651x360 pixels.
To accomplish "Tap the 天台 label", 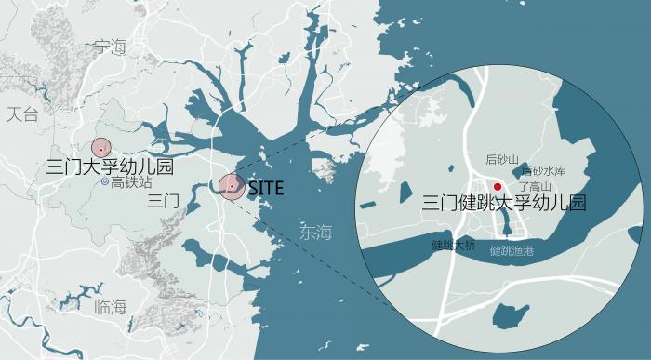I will point(22,115).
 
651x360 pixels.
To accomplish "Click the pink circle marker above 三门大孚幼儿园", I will point(100,147).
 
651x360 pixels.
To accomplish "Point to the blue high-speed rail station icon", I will point(106,182).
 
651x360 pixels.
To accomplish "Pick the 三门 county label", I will point(163,201).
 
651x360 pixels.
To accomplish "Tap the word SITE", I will point(266,187).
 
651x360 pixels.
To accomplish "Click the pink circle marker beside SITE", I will point(231,187).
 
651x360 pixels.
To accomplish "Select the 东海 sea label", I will point(315,233).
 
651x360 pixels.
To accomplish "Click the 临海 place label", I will point(112,307).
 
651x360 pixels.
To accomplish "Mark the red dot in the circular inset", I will point(498,187).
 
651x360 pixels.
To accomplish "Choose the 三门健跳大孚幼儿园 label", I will point(504,203).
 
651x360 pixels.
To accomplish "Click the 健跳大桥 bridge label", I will point(453,247).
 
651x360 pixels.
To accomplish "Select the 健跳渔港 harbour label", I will point(511,250).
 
